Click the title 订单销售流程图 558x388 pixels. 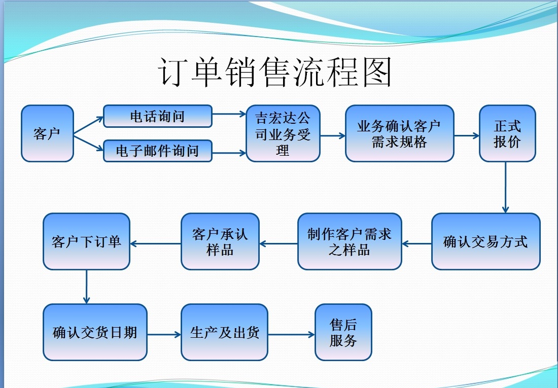pos(276,72)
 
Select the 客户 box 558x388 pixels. pos(47,133)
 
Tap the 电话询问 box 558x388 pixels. pos(158,116)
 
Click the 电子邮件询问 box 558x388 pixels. pos(158,151)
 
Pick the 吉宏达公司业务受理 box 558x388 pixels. pos(283,133)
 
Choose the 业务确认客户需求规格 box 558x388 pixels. pos(399,133)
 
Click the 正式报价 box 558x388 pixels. pos(507,133)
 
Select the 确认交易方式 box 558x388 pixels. pos(485,241)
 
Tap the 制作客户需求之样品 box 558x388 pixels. pos(350,241)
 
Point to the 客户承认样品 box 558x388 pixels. pos(220,241)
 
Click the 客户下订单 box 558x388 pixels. pos(87,241)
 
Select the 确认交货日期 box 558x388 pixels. pos(95,332)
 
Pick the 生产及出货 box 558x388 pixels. pos(224,332)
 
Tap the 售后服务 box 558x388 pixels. pos(343,332)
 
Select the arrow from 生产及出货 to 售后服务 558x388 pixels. pos(291,334)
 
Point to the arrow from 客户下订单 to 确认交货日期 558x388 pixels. pos(87,287)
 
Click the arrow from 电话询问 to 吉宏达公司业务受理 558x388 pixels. pos(229,114)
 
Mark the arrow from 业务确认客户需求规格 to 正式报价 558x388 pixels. pos(467,135)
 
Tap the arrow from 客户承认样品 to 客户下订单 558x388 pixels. pos(156,243)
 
